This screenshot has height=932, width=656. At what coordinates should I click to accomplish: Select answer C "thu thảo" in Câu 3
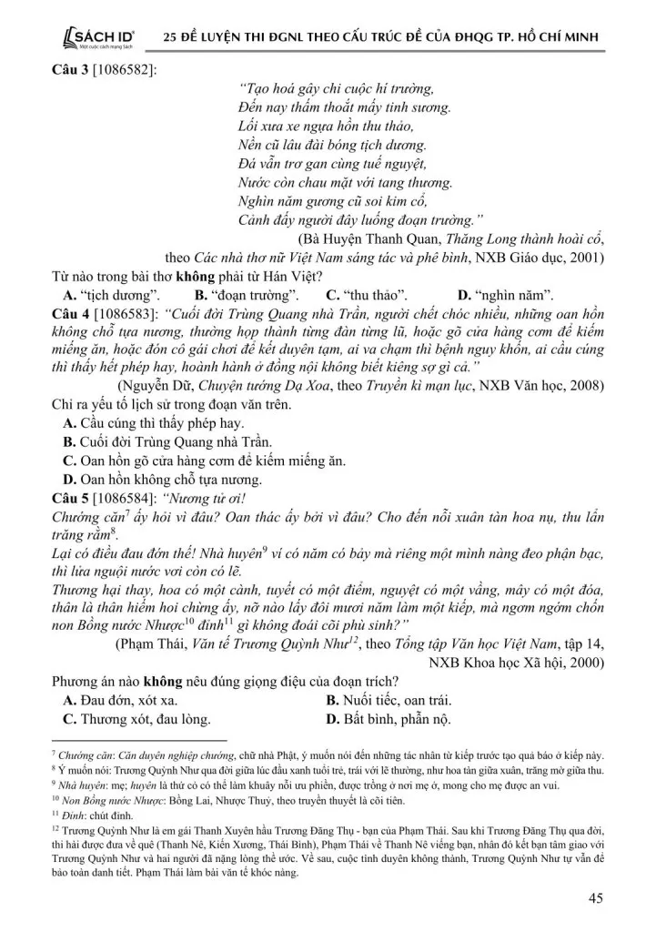pos(366,294)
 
